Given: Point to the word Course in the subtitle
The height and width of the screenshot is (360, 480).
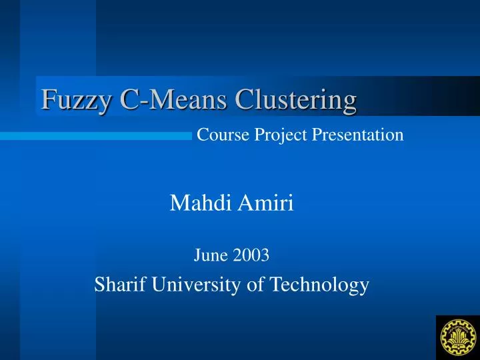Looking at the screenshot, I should click(223, 135).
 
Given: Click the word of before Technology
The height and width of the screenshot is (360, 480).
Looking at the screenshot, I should click(256, 285).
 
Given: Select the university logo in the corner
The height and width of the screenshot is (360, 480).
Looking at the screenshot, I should click(457, 337).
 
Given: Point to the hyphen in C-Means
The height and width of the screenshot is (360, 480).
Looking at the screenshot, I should click(137, 102).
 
